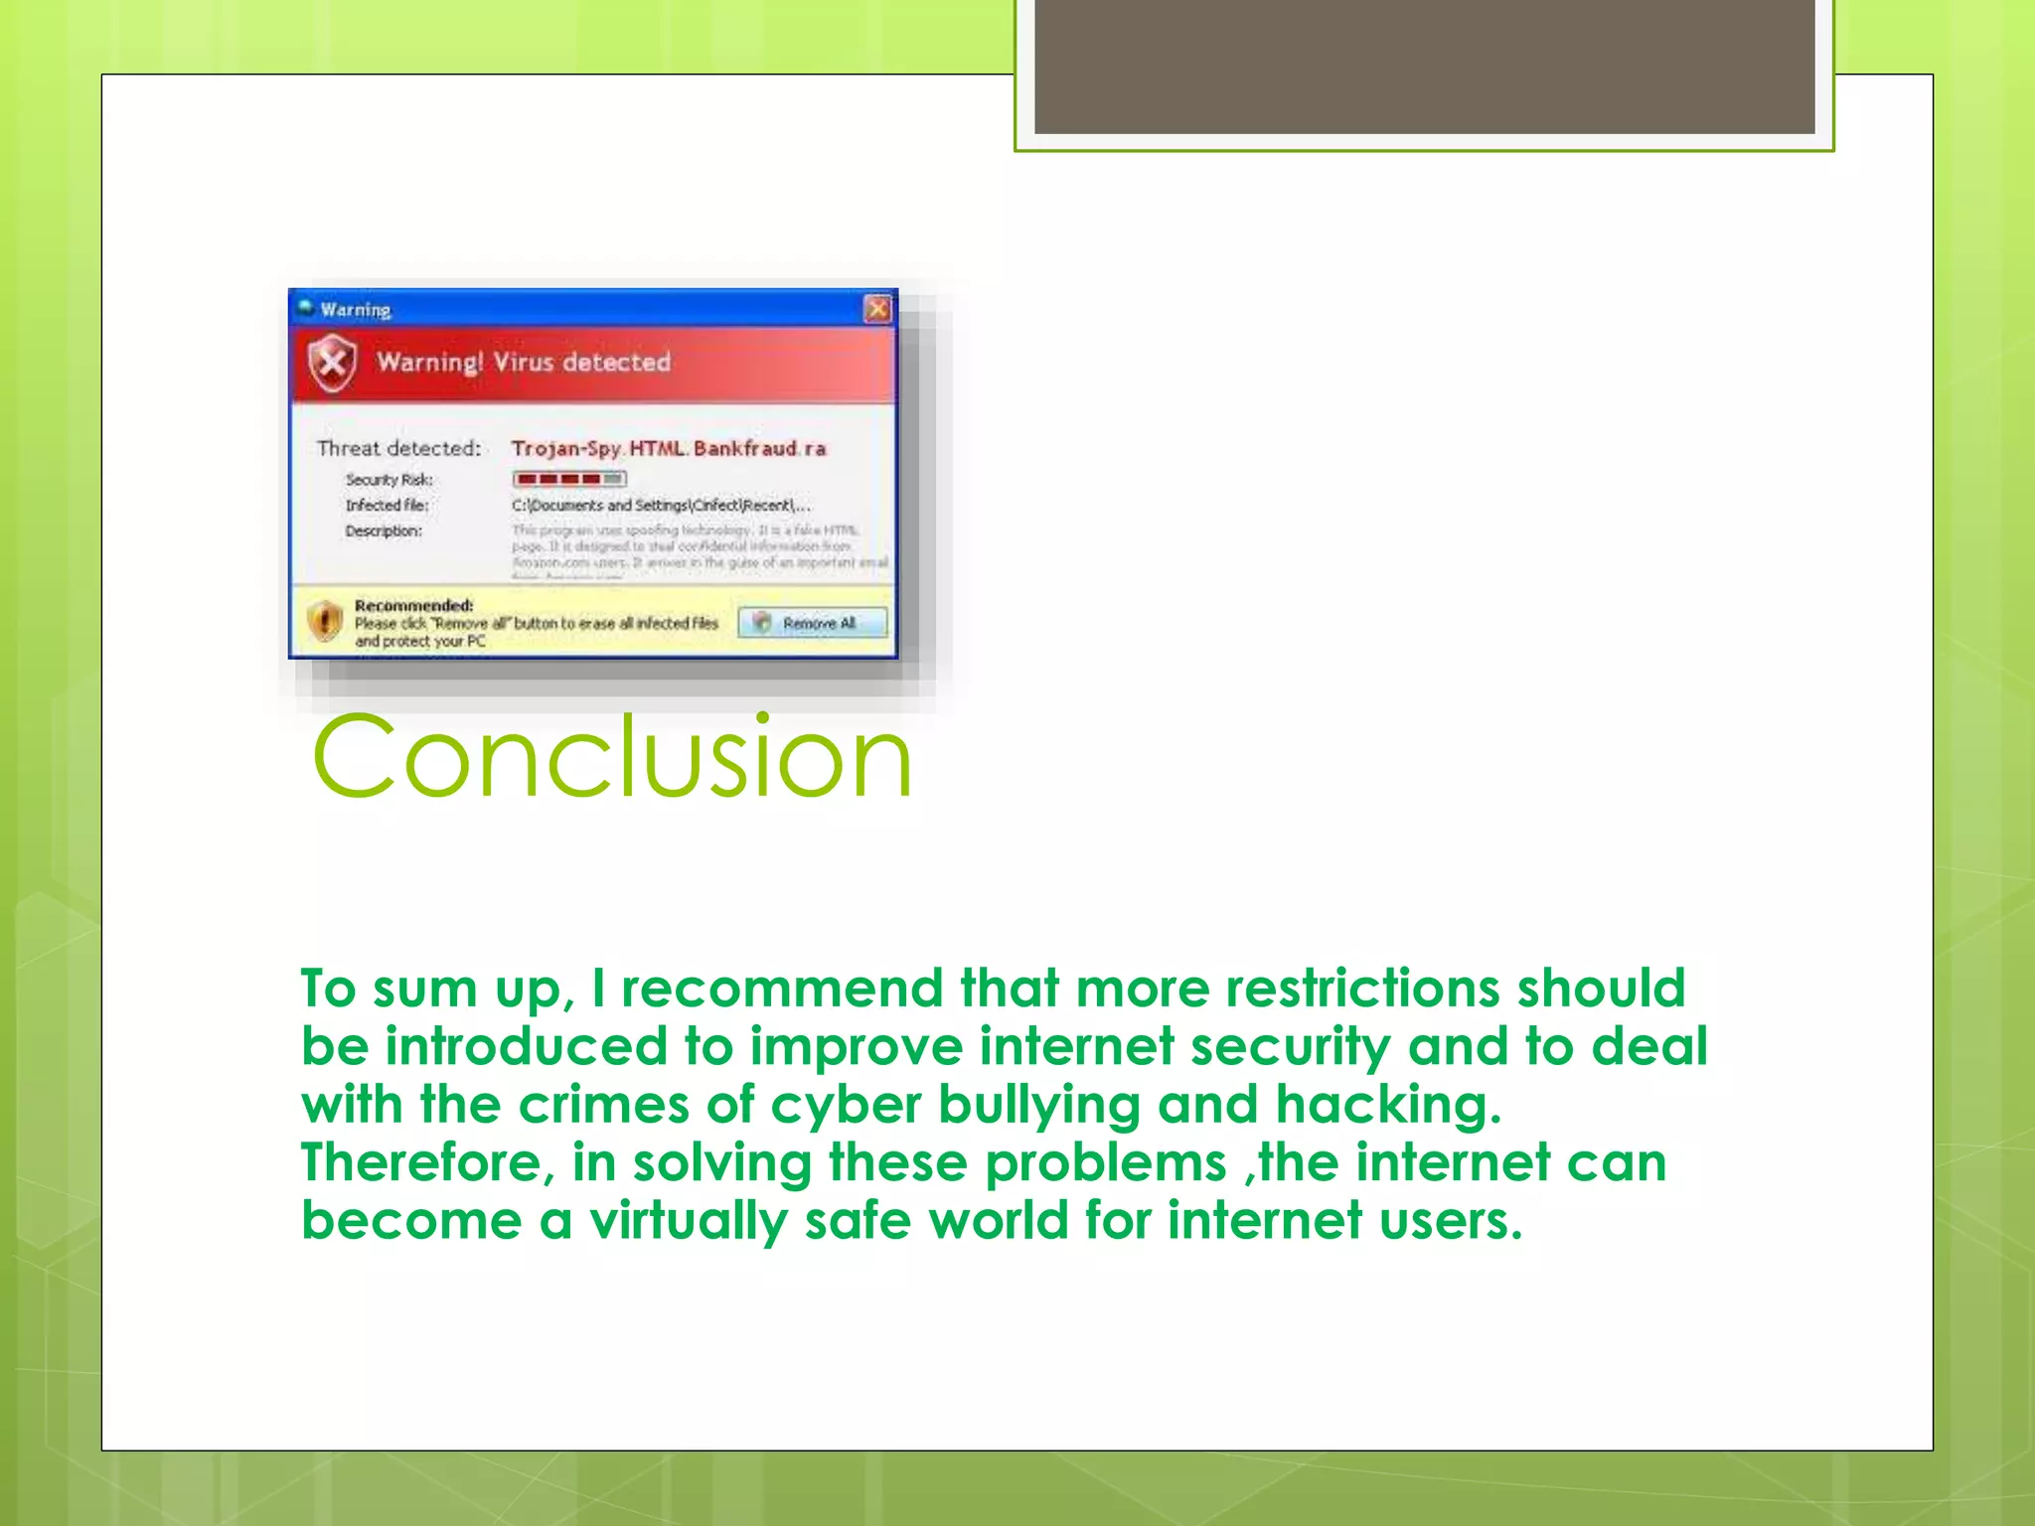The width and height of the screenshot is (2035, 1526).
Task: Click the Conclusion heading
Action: (611, 757)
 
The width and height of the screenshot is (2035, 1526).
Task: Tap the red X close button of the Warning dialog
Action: (877, 309)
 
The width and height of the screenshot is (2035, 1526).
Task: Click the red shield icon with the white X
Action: (332, 363)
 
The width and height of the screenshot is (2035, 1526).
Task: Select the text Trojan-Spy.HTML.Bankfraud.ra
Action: (668, 448)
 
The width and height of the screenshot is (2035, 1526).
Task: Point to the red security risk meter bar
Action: (569, 479)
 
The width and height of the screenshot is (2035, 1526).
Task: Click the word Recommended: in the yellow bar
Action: (413, 605)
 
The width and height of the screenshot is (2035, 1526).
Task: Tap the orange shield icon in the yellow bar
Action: (324, 622)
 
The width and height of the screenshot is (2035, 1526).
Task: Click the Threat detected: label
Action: (398, 448)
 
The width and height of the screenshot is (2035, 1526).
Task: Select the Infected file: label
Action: (388, 505)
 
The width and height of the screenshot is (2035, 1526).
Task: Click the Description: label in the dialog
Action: (384, 531)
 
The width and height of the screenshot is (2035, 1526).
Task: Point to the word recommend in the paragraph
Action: (781, 989)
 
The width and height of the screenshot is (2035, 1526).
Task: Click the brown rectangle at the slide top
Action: (1424, 67)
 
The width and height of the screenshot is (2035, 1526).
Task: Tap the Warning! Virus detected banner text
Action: (524, 362)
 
